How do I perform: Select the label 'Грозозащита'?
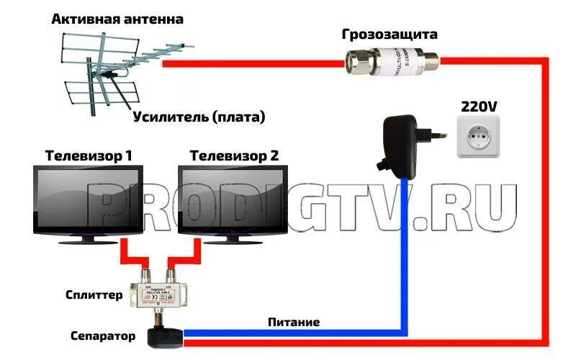tap(390, 34)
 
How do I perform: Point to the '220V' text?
tap(478, 107)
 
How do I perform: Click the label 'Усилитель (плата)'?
tap(198, 116)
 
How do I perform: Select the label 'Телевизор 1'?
tap(89, 155)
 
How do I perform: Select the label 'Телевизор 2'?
tap(233, 155)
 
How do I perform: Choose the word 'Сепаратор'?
tap(103, 336)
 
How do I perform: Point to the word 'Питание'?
tap(293, 322)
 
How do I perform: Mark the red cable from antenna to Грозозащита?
tap(252, 63)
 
